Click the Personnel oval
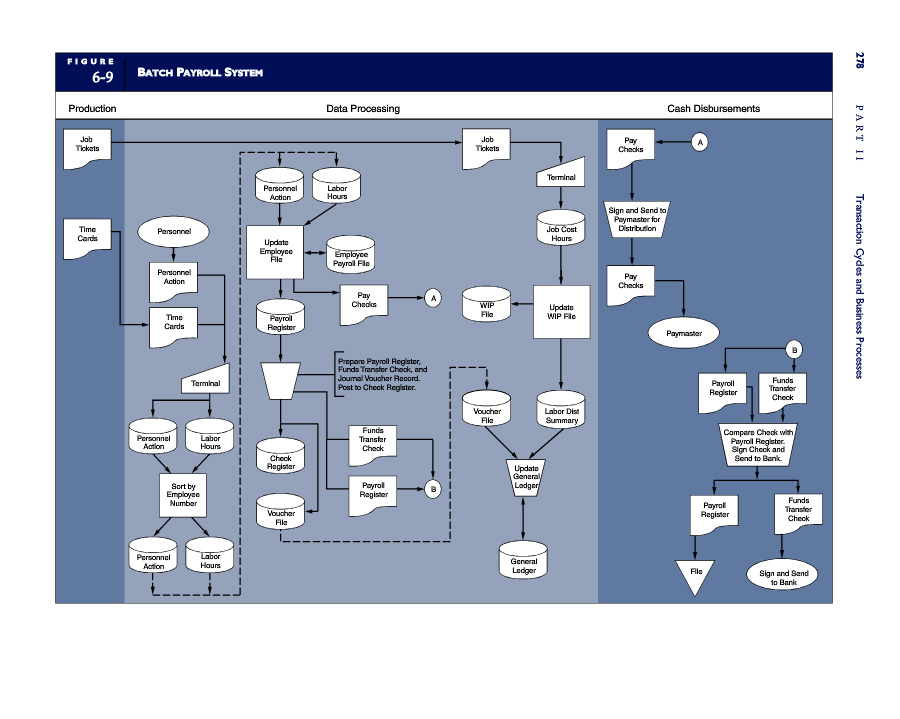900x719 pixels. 173,231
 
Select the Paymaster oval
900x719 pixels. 684,333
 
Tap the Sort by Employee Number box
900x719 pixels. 183,495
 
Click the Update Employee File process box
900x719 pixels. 275,252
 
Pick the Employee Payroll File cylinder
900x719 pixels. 351,254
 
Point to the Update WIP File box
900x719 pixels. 561,312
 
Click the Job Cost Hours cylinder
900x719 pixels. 561,228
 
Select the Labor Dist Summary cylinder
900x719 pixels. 561,410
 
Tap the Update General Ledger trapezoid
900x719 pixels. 526,477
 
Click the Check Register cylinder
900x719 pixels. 281,456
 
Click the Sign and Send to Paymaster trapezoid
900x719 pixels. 637,219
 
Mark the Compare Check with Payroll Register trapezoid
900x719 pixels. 758,445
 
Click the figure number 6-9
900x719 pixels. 103,77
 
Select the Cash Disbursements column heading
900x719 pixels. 713,108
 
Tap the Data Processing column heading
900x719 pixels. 363,108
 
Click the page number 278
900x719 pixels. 859,61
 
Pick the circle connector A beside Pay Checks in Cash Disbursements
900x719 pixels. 700,142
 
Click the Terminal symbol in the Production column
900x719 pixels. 205,379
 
